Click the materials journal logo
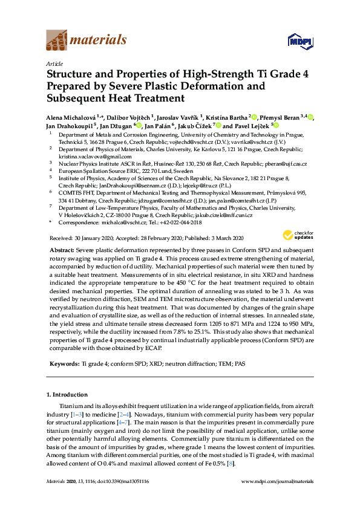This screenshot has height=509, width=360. [x=87, y=40]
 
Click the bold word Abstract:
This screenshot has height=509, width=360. [x=61, y=250]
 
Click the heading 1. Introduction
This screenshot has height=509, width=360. [x=70, y=394]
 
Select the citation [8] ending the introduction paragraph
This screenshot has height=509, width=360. [x=231, y=463]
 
